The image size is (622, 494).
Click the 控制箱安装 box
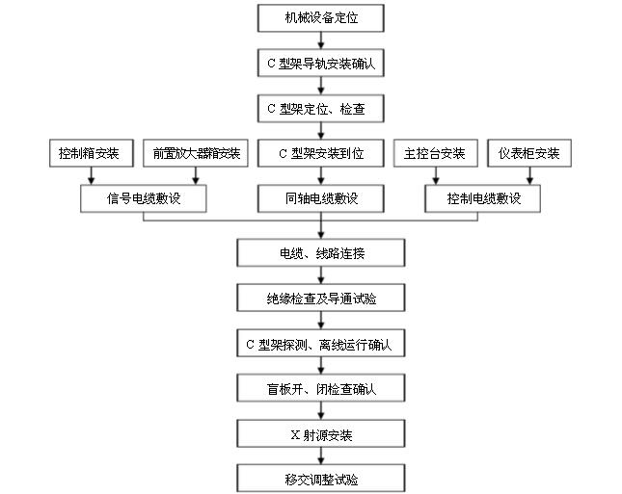click(x=90, y=153)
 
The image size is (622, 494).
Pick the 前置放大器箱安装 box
click(x=197, y=153)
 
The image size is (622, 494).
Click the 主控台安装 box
click(x=430, y=153)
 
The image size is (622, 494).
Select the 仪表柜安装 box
click(x=529, y=153)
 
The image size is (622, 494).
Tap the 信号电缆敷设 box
click(x=144, y=198)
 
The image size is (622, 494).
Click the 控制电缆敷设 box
click(x=483, y=198)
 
